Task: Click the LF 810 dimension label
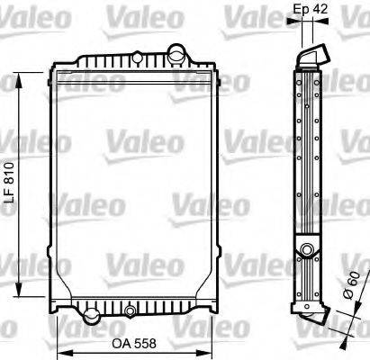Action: click(x=10, y=183)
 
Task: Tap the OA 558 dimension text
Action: click(x=134, y=343)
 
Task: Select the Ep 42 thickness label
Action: click(x=310, y=9)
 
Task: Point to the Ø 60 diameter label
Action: click(x=350, y=285)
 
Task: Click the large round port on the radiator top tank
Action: click(x=176, y=53)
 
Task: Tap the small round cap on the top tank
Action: click(x=137, y=57)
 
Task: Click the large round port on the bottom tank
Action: click(x=92, y=315)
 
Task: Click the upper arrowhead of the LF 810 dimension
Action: click(x=19, y=80)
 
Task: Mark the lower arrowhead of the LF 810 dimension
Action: click(x=19, y=290)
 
